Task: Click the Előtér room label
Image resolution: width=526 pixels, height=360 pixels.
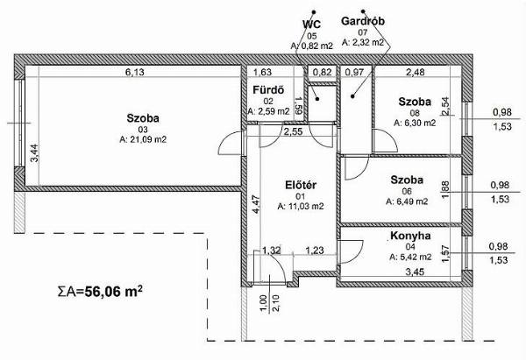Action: [x=301, y=185]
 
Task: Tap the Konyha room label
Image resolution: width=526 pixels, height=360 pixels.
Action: [x=410, y=236]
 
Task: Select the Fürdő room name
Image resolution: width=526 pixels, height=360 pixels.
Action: [x=268, y=90]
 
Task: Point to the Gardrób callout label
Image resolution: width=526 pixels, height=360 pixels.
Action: [x=363, y=21]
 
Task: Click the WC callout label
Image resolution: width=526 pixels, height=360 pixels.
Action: [x=311, y=25]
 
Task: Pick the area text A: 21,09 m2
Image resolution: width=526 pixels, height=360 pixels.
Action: [x=143, y=139]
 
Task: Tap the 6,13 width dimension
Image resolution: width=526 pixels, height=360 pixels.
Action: [x=134, y=72]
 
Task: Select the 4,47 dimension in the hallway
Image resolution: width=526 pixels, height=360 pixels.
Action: [x=256, y=204]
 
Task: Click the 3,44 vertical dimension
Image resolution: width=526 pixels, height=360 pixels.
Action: [x=34, y=153]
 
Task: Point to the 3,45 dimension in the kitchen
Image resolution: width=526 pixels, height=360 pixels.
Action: [x=415, y=272]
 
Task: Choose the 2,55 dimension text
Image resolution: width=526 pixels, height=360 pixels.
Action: [x=293, y=131]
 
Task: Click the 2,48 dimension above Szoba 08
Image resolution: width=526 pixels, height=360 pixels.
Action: [x=416, y=72]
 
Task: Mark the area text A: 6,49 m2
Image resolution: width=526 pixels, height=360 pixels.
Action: [x=407, y=201]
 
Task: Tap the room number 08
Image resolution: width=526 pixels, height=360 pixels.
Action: [x=415, y=113]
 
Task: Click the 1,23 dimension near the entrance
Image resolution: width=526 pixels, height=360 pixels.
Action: [x=315, y=251]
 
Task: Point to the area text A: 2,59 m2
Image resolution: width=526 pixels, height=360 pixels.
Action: [x=268, y=111]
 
